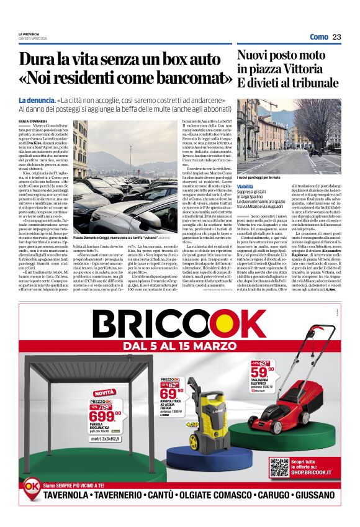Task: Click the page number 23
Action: click(337, 37)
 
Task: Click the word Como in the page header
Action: click(318, 37)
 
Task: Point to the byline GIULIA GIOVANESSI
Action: click(32, 122)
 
